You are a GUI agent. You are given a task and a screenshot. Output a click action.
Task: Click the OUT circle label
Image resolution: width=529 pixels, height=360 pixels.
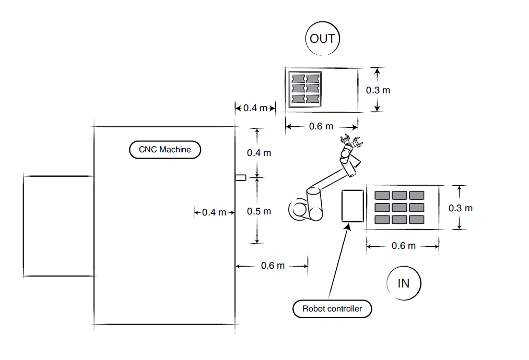322,39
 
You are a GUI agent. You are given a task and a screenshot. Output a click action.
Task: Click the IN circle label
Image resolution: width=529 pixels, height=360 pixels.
404,283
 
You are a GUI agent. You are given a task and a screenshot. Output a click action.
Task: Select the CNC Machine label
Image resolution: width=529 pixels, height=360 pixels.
165,150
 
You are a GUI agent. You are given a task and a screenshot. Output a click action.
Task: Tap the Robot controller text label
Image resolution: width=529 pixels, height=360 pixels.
332,308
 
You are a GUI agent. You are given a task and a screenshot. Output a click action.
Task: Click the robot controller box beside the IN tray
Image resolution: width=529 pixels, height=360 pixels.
352,206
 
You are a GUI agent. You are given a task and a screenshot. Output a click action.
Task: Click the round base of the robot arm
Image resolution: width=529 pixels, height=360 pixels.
300,210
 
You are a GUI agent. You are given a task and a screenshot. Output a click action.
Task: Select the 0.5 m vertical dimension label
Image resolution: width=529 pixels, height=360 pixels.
259,211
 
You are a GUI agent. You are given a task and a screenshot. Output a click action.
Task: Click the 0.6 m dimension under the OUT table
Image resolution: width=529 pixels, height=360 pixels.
321,126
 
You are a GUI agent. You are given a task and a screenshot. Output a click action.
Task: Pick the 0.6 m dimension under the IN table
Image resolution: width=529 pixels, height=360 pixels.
404,245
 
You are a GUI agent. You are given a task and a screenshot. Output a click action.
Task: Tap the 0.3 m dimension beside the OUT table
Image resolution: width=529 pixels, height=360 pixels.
378,90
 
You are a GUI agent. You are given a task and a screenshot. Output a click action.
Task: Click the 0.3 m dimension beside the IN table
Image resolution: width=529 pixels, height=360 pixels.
461,208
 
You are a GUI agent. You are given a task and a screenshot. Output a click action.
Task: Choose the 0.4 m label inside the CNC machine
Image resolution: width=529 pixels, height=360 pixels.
214,212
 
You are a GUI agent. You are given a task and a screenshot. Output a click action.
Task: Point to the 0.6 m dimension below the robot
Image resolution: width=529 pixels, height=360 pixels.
273,266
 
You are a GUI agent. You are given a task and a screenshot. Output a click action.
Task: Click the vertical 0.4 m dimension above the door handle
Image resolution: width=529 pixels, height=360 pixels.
259,152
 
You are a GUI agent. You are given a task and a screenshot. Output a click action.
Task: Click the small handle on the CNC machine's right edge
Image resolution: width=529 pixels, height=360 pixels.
240,178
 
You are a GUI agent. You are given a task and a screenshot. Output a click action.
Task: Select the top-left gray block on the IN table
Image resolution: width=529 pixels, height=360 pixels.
383,195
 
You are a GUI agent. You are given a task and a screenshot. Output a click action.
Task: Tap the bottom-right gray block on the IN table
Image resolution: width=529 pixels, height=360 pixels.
416,219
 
